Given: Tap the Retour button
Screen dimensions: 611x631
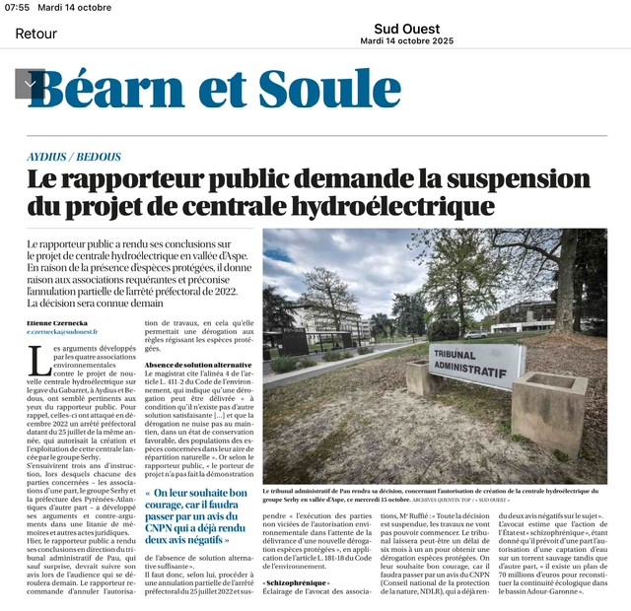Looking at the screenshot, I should point(35,34).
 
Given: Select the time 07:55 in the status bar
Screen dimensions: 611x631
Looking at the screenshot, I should point(18,8).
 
